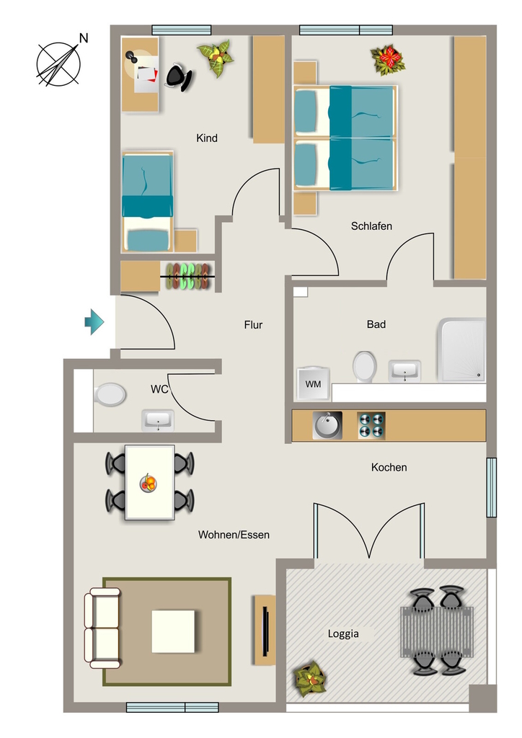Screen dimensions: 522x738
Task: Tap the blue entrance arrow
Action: pos(94,322)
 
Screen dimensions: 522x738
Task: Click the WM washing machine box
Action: pos(313,383)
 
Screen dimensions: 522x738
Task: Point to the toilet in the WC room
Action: pos(110,394)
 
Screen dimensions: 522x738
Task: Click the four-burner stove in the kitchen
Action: pos(371,425)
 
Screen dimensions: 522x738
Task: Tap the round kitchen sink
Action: pos(327,425)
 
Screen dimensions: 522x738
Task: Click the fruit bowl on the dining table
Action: pos(149,484)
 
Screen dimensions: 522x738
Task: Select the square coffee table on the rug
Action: pos(173,631)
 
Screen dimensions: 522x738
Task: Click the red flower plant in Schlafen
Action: pos(387,60)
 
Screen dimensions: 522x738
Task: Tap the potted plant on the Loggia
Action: pos(310,679)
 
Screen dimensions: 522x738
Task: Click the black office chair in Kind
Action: pos(179,77)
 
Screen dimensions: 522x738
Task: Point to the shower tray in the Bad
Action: pos(461,350)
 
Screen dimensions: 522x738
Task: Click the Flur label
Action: pos(253,325)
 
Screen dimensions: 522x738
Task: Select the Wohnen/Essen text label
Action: pos(234,535)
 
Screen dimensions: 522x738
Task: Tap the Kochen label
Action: pos(389,467)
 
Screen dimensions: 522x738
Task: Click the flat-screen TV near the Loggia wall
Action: pos(265,630)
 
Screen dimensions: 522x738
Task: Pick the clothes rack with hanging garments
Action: pos(187,276)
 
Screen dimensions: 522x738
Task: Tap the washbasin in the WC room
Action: pos(158,420)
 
